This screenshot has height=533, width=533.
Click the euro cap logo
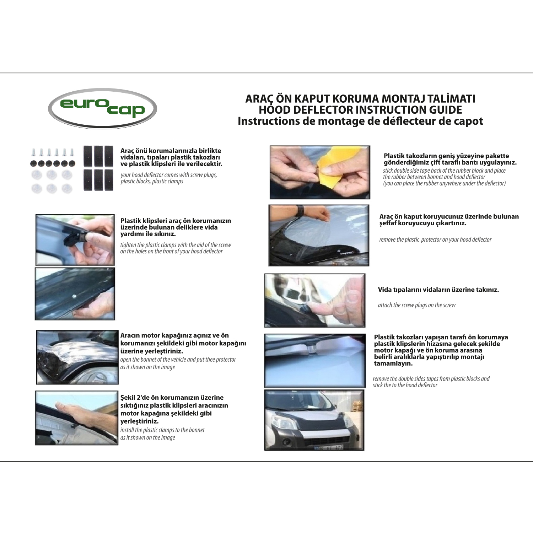(102, 108)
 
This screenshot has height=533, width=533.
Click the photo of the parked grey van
(314, 420)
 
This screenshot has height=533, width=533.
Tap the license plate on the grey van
(329, 447)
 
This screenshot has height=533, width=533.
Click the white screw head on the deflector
(74, 296)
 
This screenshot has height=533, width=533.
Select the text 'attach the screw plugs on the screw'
(416, 305)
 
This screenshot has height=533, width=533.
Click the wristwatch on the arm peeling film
(301, 210)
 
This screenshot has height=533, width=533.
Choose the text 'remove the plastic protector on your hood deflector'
(435, 239)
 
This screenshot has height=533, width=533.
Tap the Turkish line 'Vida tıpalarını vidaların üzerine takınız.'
(438, 290)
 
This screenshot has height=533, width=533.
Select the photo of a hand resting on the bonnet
(76, 418)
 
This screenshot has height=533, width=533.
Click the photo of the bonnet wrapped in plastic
(77, 357)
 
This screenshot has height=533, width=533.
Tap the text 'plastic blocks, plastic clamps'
(152, 181)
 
